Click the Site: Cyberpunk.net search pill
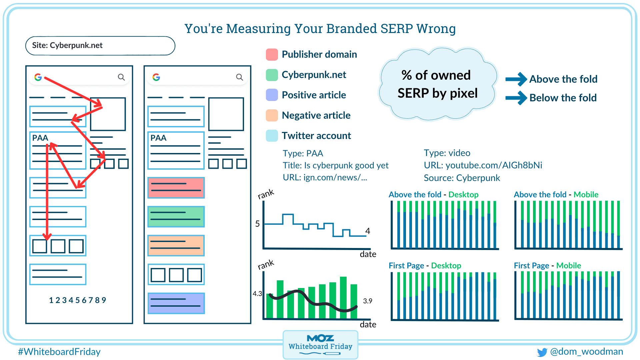(100, 46)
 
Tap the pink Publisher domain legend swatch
(272, 54)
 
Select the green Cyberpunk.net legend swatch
(272, 75)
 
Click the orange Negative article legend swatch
(272, 115)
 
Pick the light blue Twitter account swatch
(272, 136)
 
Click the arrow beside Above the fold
(516, 79)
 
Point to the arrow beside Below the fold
(516, 98)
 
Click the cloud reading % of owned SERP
(437, 84)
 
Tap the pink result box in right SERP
(176, 188)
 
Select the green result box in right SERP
(176, 217)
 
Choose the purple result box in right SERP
(176, 303)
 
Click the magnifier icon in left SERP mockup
(121, 77)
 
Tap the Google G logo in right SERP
(156, 77)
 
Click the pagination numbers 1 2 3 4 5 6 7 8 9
(77, 300)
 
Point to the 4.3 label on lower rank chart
(257, 294)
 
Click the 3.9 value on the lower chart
(367, 301)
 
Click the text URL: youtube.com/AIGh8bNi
(483, 165)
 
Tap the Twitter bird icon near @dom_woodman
(542, 352)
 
